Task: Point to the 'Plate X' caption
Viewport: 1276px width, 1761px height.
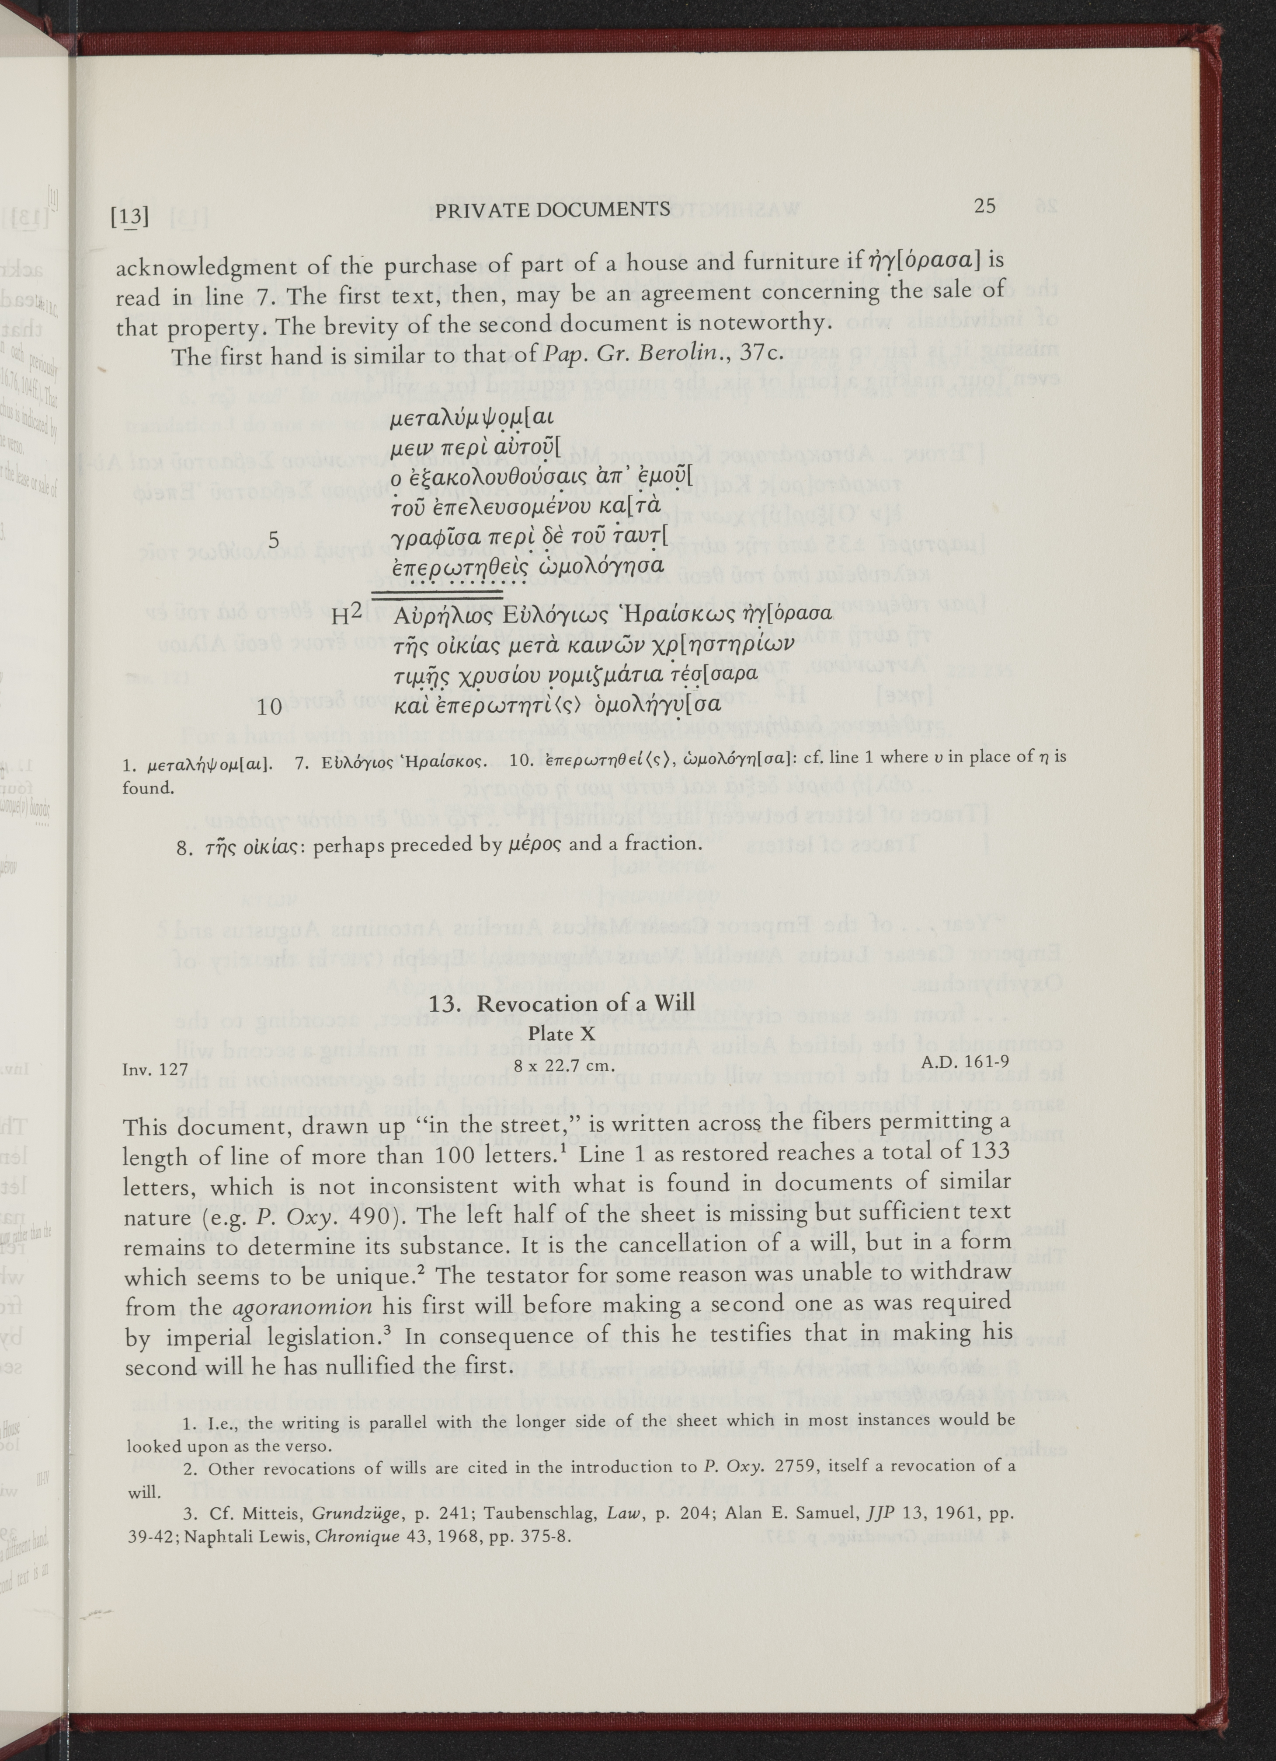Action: coord(561,1034)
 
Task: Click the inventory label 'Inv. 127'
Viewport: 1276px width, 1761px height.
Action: coord(155,1069)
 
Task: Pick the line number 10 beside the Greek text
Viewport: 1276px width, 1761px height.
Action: coord(269,706)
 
